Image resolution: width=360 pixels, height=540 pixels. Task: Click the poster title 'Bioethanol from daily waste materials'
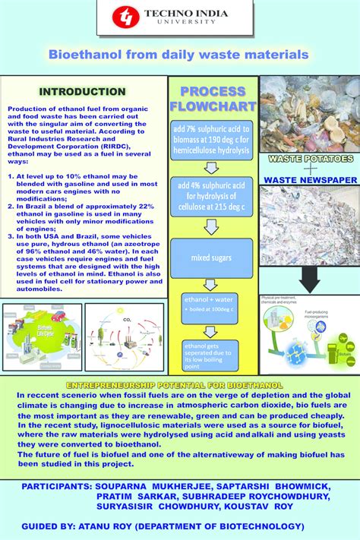(x=179, y=55)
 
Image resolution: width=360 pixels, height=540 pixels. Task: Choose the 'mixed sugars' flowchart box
(x=207, y=258)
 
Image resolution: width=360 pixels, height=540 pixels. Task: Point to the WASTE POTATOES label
(x=309, y=159)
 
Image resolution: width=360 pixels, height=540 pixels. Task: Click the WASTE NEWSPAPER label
(x=310, y=180)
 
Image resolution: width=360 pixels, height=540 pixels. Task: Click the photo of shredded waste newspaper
(x=309, y=226)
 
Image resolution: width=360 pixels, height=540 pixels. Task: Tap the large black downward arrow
(x=310, y=279)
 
